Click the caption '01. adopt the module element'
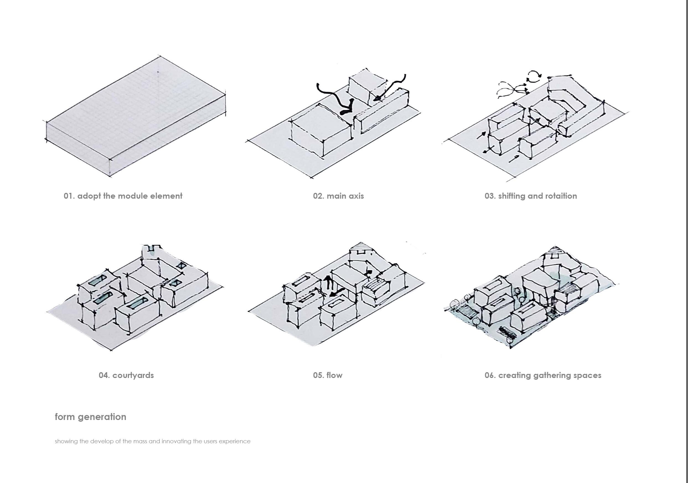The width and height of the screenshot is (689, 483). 123,196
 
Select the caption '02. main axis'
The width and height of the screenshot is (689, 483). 338,196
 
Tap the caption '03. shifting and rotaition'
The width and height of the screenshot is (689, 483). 531,196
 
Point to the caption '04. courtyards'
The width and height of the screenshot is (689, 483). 126,375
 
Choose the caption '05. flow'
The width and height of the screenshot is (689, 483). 327,375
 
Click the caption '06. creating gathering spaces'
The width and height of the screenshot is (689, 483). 543,375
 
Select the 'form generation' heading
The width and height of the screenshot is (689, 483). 90,417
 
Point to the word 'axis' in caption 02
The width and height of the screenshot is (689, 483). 357,196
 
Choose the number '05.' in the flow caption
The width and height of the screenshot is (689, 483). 318,375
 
